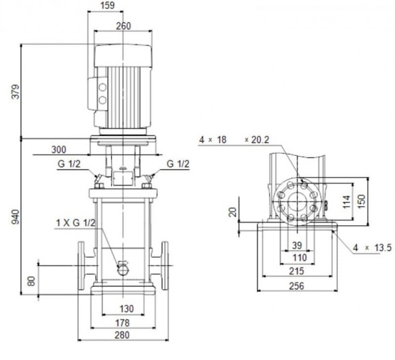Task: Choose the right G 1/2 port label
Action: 178,165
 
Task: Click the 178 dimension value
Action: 123,322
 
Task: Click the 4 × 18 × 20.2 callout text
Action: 234,140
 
